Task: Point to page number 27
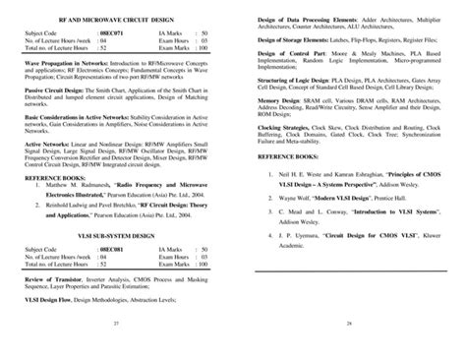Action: (x=117, y=347)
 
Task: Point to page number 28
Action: (x=349, y=347)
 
